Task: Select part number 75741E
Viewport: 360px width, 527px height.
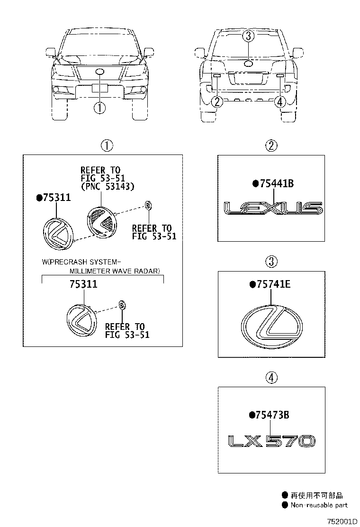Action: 273,285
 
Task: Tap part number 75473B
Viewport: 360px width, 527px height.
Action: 272,415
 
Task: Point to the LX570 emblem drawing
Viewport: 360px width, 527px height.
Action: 271,441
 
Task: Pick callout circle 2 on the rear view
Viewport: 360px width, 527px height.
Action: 217,101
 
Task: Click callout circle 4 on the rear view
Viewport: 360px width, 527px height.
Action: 279,101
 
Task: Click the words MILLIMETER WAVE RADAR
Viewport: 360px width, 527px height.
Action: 115,271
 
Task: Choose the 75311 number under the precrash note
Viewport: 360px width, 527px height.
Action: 83,284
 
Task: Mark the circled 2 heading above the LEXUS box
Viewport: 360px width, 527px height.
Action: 271,145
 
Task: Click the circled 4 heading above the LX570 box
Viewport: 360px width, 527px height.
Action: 271,378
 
